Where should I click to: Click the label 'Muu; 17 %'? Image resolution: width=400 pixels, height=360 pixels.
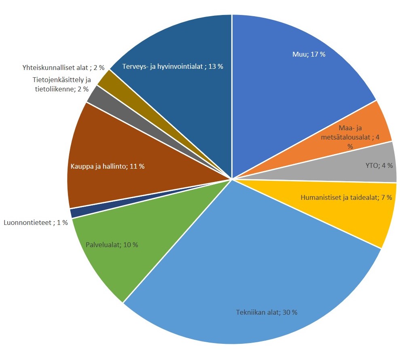tap(309, 54)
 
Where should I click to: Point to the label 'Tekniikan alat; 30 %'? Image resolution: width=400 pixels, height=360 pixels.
tap(267, 312)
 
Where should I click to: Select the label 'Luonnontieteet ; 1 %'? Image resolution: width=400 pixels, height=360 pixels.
tap(35, 222)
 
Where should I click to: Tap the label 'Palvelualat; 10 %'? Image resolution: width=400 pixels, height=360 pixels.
tap(112, 245)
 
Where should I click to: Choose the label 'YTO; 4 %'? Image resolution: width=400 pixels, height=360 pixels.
tap(378, 165)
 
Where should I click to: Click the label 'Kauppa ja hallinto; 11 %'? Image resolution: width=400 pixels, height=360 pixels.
tap(108, 166)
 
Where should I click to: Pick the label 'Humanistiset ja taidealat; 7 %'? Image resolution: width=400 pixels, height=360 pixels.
tap(346, 198)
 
